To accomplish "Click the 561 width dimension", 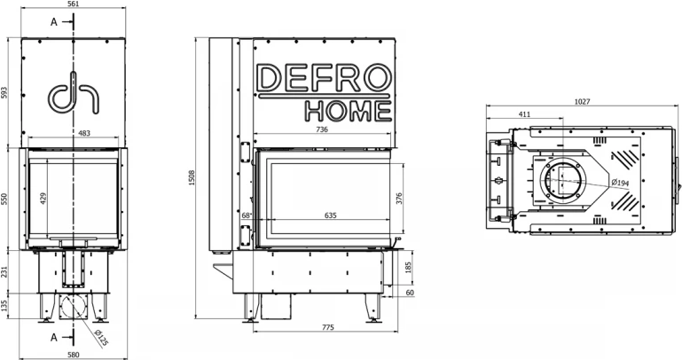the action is click(x=73, y=4).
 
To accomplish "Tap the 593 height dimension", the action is click(x=4, y=92).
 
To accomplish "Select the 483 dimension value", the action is click(x=84, y=133).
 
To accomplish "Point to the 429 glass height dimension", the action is click(x=43, y=199).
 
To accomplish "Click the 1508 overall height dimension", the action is click(x=192, y=177).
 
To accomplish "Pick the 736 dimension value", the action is click(x=322, y=129).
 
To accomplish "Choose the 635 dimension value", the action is click(x=331, y=215).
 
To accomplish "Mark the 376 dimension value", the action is click(x=399, y=199).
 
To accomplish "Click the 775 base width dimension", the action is click(x=328, y=327).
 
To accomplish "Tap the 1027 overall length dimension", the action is click(x=583, y=101).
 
